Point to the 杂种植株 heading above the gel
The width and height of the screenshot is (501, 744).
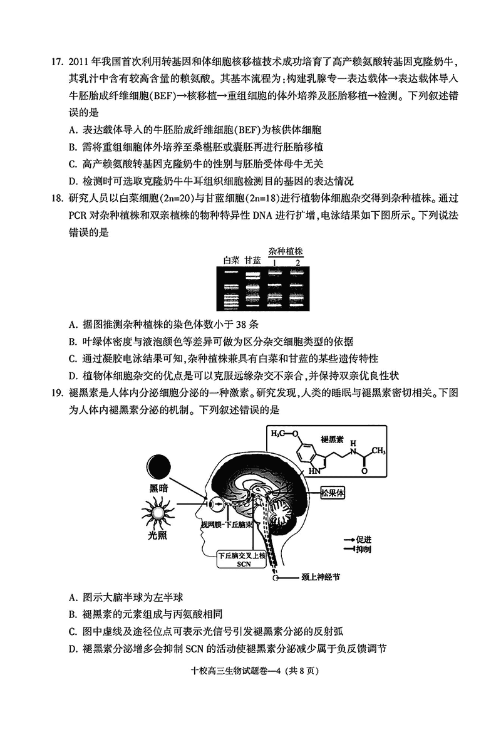coord(286,250)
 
